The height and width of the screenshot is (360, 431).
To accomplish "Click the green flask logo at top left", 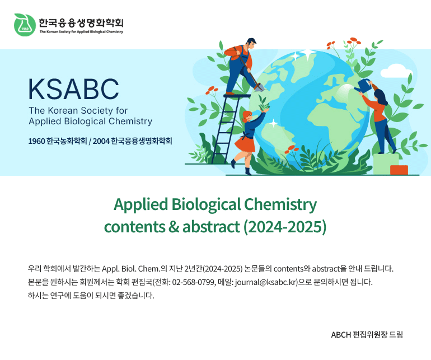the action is pyautogui.click(x=25, y=25).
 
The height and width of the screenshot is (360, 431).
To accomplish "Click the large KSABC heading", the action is pyautogui.click(x=74, y=89).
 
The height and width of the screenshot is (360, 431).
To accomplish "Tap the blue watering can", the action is pyautogui.click(x=363, y=86).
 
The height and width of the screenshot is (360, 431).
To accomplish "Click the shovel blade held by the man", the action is pyautogui.click(x=259, y=87).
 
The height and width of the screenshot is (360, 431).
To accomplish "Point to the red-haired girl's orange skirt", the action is pyautogui.click(x=245, y=144).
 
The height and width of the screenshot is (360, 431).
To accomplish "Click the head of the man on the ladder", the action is pyautogui.click(x=251, y=44).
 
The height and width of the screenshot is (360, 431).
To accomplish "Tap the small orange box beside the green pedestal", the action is pyautogui.click(x=399, y=170).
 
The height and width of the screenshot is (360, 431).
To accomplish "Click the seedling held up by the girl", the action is pyautogui.click(x=263, y=103).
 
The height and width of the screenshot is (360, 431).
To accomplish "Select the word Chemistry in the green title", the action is pyautogui.click(x=280, y=205).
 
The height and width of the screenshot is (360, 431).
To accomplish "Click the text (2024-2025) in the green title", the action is pyautogui.click(x=285, y=227).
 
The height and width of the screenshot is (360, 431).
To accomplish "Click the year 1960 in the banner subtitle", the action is pyautogui.click(x=36, y=141).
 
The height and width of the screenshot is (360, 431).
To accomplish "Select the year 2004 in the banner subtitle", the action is pyautogui.click(x=101, y=141).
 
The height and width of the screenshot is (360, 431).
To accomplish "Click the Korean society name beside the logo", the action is pyautogui.click(x=81, y=23).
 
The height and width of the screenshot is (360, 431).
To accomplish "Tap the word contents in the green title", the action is pyautogui.click(x=135, y=227).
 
